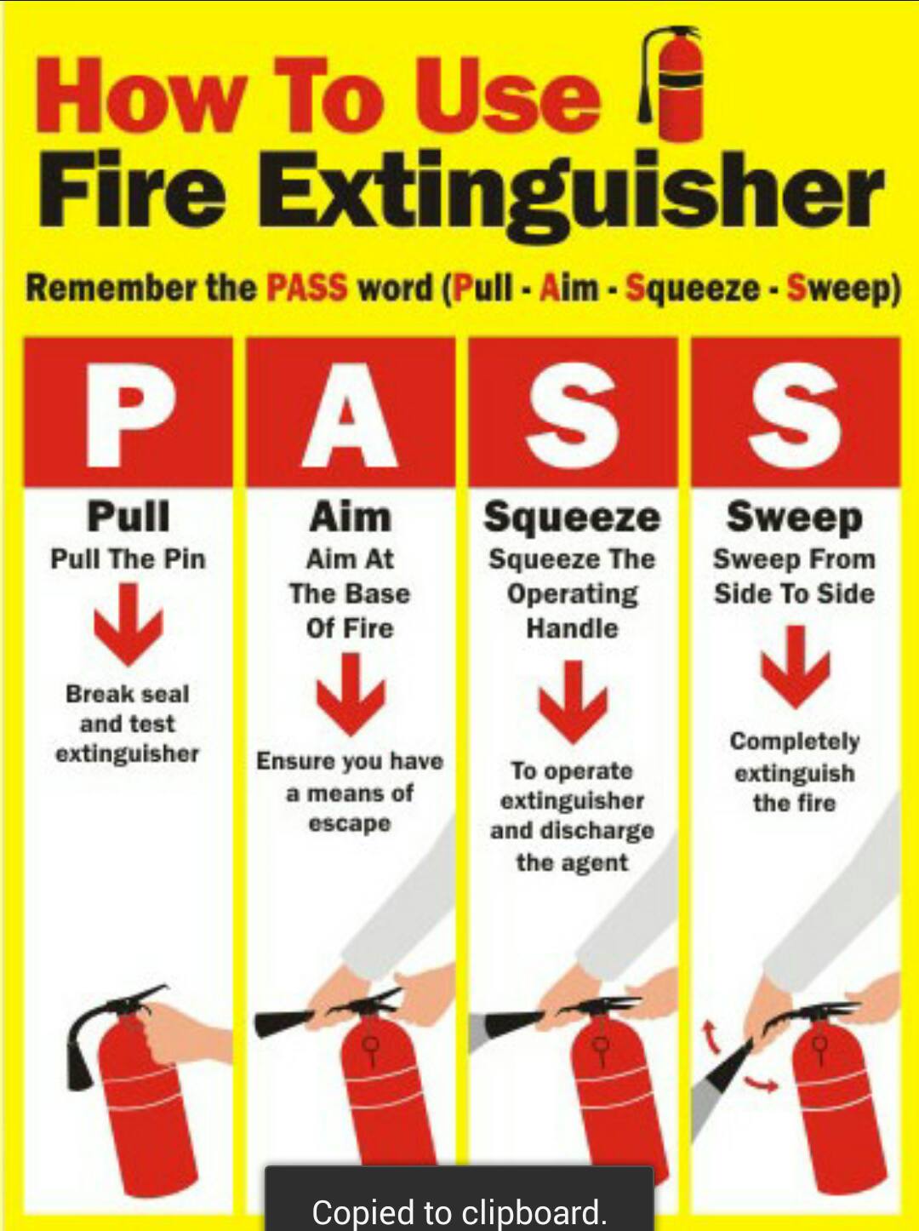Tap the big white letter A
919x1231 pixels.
pyautogui.click(x=350, y=414)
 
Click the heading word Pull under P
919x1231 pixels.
pyautogui.click(x=128, y=516)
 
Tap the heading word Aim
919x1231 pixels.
pyautogui.click(x=351, y=516)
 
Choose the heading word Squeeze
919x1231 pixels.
pyautogui.click(x=572, y=517)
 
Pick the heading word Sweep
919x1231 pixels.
pyautogui.click(x=795, y=517)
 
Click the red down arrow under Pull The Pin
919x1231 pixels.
pyautogui.click(x=128, y=624)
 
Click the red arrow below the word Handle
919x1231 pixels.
pyautogui.click(x=573, y=701)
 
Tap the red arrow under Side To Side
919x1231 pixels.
pyautogui.click(x=795, y=667)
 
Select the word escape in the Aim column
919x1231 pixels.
pyautogui.click(x=350, y=824)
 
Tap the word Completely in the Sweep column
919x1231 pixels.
pyautogui.click(x=795, y=741)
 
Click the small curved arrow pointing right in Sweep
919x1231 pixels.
pyautogui.click(x=761, y=1085)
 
